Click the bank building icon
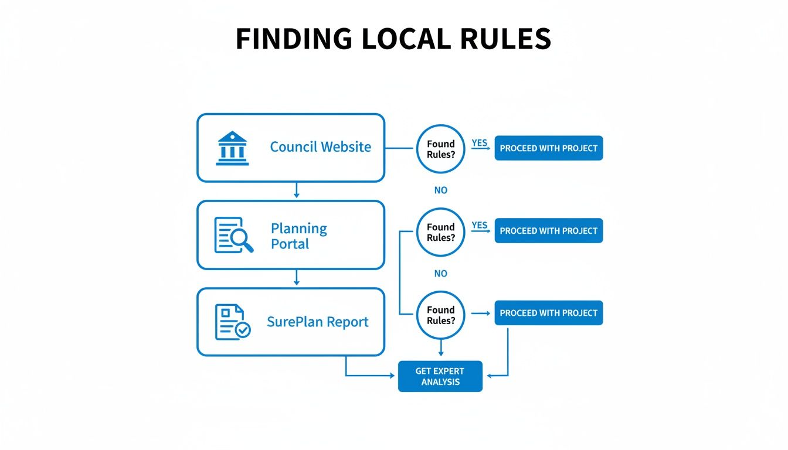click(x=232, y=148)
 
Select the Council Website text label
click(x=320, y=146)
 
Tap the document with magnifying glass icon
click(x=233, y=235)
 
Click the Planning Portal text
click(x=299, y=236)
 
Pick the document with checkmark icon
click(x=232, y=322)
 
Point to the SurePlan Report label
click(x=318, y=322)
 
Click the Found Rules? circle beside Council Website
click(x=440, y=149)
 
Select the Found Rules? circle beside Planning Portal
click(x=440, y=232)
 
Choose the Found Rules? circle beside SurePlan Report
click(x=440, y=315)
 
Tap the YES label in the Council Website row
click(x=480, y=143)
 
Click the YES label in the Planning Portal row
click(x=480, y=226)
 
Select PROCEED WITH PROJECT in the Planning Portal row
click(x=548, y=231)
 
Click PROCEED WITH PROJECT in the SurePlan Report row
click(x=548, y=313)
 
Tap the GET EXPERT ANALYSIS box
click(x=440, y=376)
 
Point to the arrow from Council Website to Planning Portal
click(x=297, y=190)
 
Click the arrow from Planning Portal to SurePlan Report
click(x=297, y=278)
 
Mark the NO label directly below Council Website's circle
click(x=440, y=190)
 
